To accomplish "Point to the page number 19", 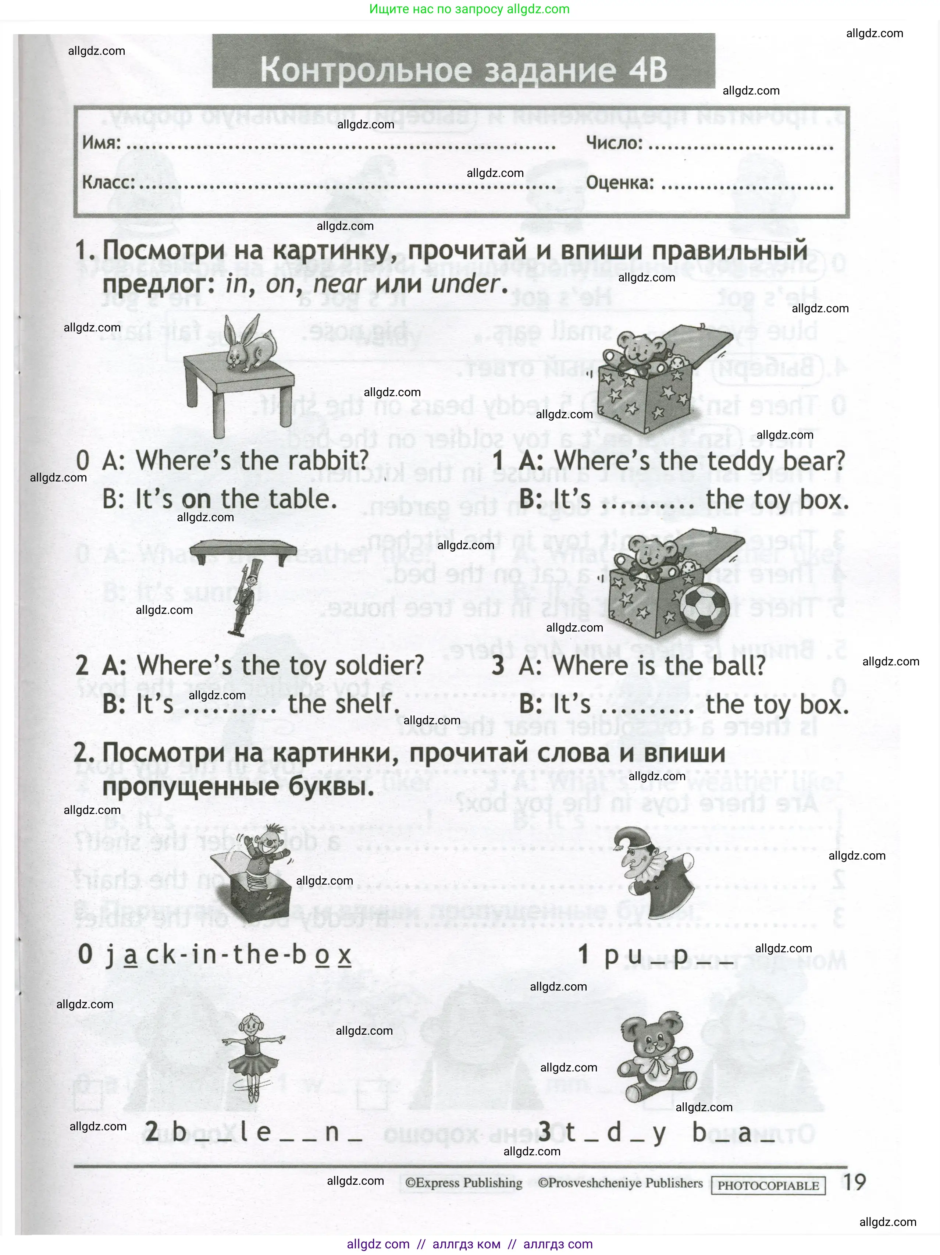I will pos(854,1183).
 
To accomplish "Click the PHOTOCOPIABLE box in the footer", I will pos(768,1185).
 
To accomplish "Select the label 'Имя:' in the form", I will pos(102,142).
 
